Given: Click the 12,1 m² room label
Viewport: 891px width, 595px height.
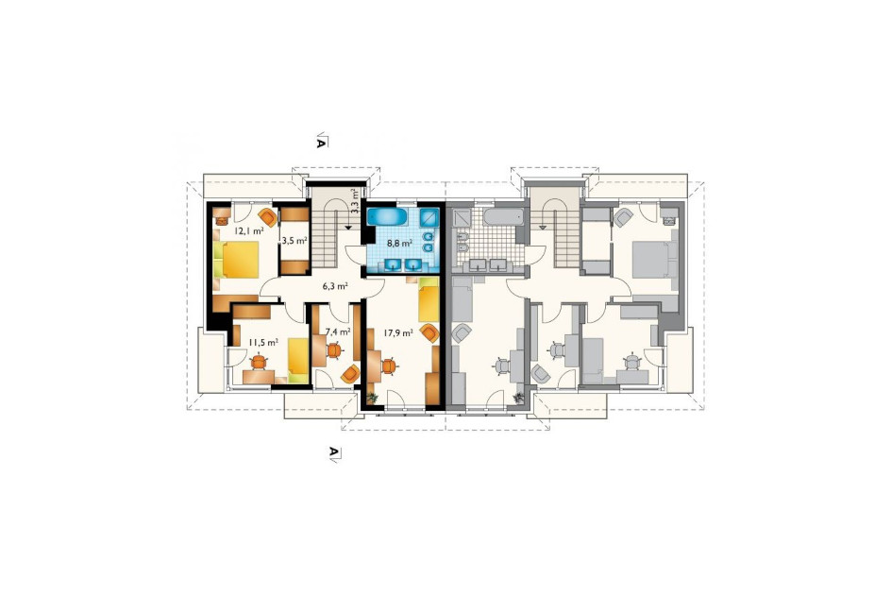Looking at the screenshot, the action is coord(249,230).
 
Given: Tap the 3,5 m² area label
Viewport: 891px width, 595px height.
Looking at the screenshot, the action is coord(294,240).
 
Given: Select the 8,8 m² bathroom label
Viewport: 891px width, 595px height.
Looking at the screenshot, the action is coord(399,243).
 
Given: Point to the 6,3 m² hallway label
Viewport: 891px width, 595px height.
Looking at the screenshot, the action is coord(335,286).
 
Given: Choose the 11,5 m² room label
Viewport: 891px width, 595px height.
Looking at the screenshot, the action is coord(263,342).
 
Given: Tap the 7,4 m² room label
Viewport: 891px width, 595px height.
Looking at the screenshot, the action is coord(338,331).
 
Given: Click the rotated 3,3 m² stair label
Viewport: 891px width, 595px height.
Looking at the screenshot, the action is coord(355,200).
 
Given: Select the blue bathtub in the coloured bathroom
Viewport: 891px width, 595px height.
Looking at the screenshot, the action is coord(386,216).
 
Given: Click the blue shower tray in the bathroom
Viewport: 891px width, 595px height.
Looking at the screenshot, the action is coord(429,217).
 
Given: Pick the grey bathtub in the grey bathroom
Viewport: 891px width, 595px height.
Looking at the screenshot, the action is coord(503,216).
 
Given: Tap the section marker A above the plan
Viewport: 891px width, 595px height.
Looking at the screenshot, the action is coord(321,141).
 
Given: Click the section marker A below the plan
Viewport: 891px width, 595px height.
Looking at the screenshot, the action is coord(334,453).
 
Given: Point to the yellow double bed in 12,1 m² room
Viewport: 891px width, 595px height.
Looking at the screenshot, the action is coord(236,260).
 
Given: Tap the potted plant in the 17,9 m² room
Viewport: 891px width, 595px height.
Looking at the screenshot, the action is coord(372,399).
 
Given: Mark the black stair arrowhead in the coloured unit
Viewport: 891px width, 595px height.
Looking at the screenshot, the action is coord(347,227).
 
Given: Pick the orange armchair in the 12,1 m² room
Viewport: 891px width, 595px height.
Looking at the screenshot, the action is coord(267,217).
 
